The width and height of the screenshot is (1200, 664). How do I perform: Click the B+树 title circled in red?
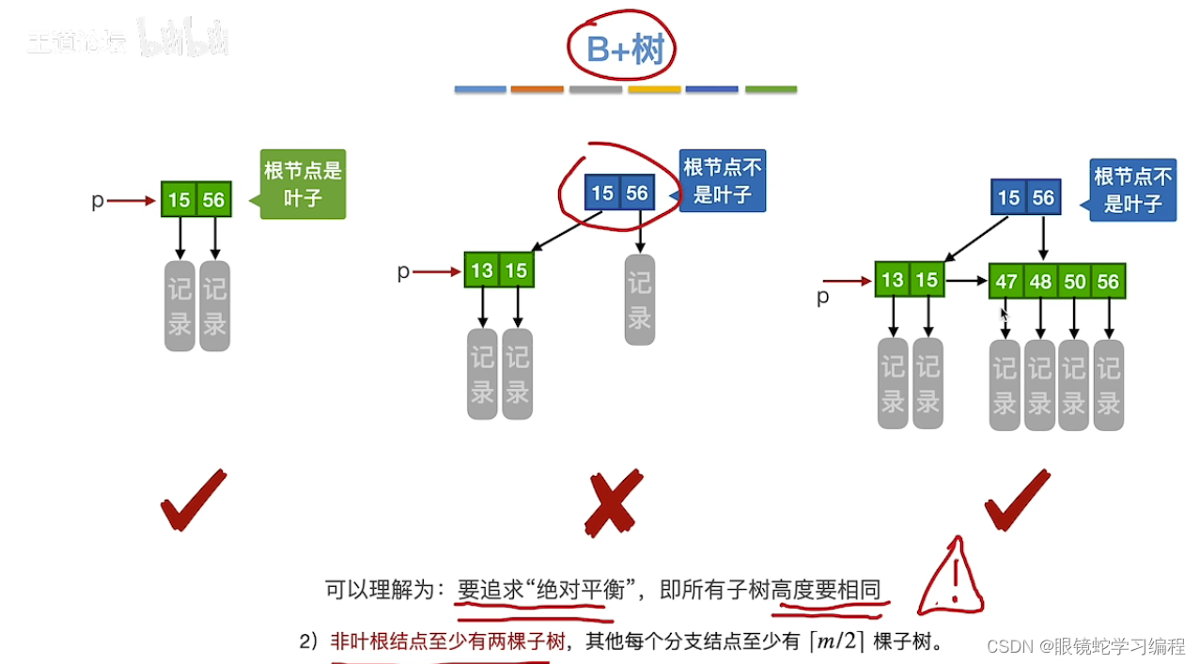click(624, 49)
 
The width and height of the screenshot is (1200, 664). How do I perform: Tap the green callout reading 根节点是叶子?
click(303, 184)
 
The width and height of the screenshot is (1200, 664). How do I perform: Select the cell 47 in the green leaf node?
click(1006, 281)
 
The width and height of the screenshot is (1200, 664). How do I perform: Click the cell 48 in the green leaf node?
click(1040, 281)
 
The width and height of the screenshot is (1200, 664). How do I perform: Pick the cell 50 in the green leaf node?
click(1074, 281)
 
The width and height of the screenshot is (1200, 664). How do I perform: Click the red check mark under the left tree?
click(193, 500)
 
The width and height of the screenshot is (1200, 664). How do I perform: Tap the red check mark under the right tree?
click(1016, 500)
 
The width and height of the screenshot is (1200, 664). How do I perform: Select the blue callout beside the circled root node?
click(723, 180)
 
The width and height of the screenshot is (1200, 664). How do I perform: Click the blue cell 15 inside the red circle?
click(602, 193)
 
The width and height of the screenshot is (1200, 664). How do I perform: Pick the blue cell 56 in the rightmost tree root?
click(1043, 197)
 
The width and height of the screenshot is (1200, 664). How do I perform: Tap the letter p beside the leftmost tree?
click(97, 200)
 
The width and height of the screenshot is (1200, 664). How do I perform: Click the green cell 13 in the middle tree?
click(482, 270)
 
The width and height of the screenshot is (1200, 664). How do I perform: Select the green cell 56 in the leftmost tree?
click(214, 199)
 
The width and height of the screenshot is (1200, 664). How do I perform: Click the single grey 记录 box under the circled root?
click(640, 300)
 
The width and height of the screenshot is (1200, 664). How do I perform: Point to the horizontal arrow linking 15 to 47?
click(966, 280)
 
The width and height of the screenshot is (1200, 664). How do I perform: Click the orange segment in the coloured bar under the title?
click(538, 89)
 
